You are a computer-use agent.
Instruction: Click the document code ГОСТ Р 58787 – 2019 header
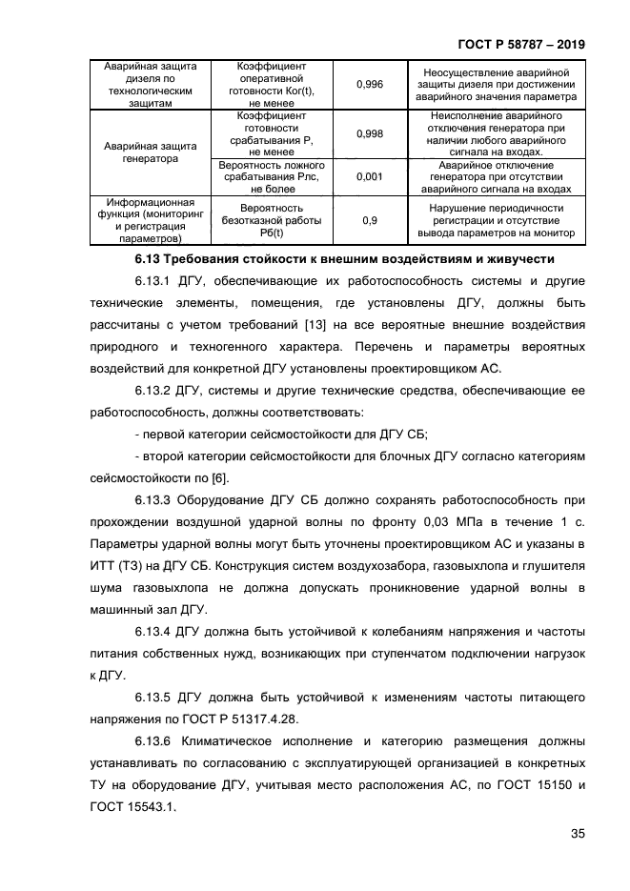521,44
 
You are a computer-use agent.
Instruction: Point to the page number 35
577,834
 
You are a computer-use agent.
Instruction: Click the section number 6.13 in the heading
148,259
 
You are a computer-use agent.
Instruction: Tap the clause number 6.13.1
152,283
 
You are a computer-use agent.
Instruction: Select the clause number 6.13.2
152,391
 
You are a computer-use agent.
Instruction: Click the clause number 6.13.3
152,500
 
